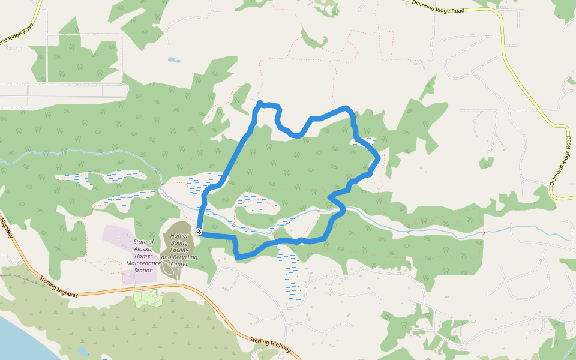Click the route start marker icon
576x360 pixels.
(x=199, y=231)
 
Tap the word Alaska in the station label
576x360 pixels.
(x=144, y=249)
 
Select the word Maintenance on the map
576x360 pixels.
(x=144, y=263)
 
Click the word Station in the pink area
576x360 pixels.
(x=143, y=270)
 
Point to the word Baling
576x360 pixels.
(x=179, y=242)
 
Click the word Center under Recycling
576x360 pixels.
(x=179, y=264)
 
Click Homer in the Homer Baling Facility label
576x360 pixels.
(x=179, y=235)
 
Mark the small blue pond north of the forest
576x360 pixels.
(x=173, y=60)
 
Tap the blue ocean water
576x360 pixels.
(x=18, y=342)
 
